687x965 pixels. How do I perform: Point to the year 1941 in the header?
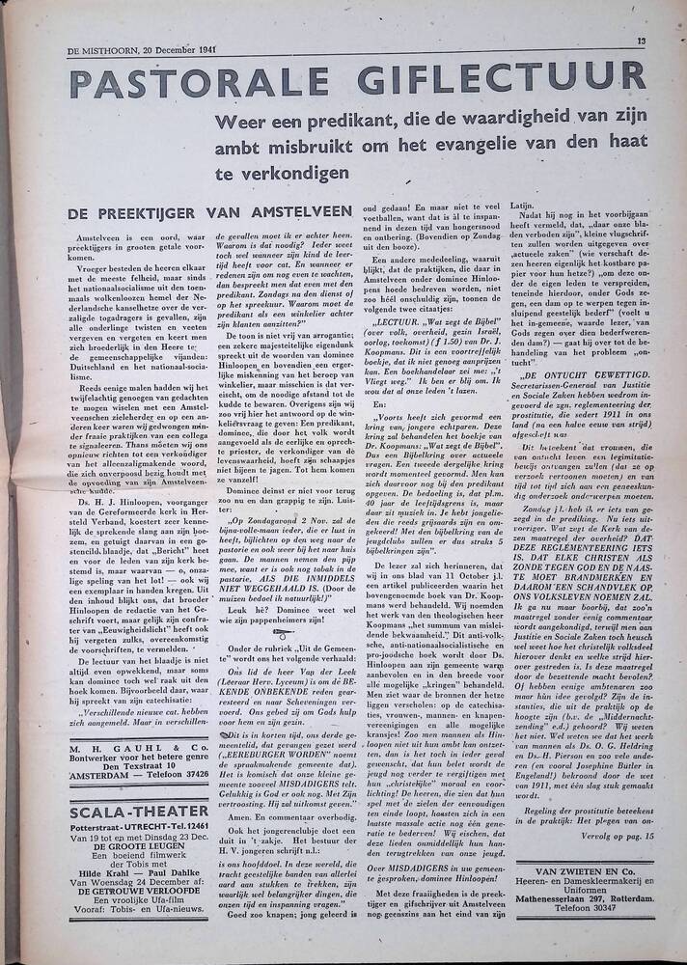pos(201,49)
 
